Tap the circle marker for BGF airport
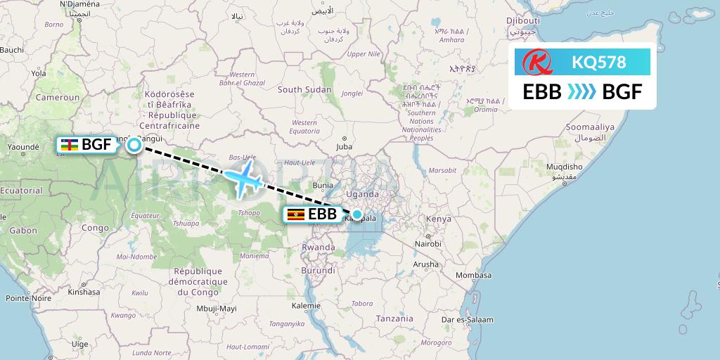(x=134, y=146)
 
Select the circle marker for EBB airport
(x=357, y=214)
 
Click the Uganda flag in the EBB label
(x=296, y=214)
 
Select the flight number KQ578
(x=598, y=63)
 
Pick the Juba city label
(x=344, y=147)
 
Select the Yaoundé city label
(x=20, y=148)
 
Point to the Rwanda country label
(x=319, y=247)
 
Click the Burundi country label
(x=319, y=270)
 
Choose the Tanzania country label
(x=394, y=318)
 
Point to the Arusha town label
(x=426, y=264)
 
